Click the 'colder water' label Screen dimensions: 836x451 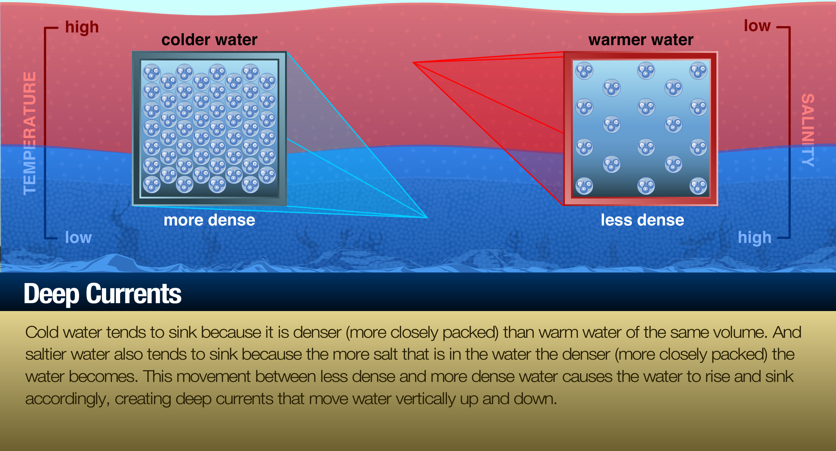point(209,40)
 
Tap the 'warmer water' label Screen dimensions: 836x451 point(641,40)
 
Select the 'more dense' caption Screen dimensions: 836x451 point(209,220)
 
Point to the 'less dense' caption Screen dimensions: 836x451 point(642,220)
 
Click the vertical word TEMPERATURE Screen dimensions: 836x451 point(29,133)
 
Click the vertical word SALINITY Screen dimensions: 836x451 point(808,130)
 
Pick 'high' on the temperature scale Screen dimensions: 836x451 point(82,27)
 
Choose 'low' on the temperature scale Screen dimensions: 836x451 point(78,237)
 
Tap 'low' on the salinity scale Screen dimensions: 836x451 point(757,26)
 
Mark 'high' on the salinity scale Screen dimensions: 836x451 point(755,238)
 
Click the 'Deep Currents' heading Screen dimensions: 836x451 point(102,294)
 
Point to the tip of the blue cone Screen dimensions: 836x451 point(427,217)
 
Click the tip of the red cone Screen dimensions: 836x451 point(413,63)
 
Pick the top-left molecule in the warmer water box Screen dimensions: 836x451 point(584,70)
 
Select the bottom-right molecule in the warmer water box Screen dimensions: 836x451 point(698,186)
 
